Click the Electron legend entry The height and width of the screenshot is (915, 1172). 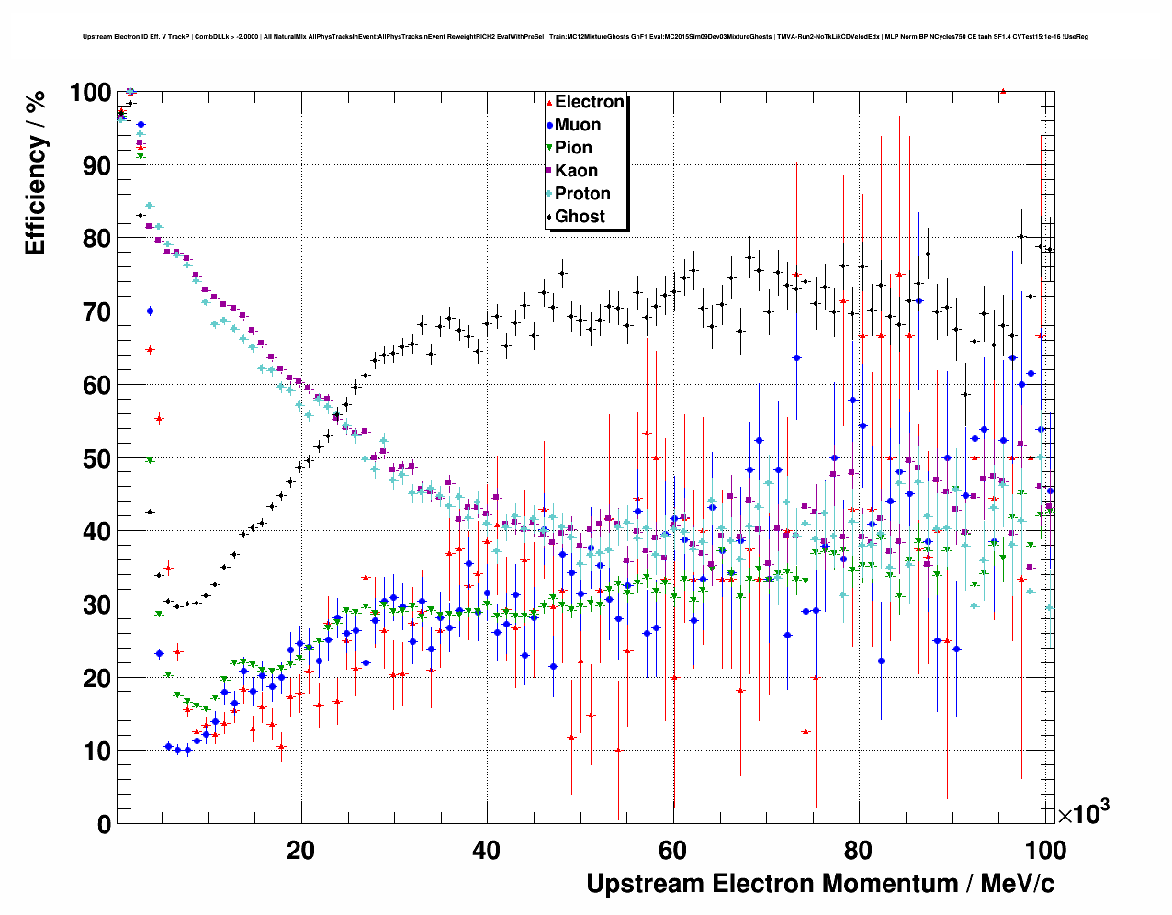(x=589, y=102)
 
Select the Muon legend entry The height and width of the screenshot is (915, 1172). (x=577, y=125)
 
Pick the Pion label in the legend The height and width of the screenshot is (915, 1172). (x=573, y=148)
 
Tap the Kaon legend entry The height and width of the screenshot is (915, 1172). (x=576, y=171)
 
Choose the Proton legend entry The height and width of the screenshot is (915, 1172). (x=582, y=194)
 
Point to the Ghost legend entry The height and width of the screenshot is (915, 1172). (x=580, y=217)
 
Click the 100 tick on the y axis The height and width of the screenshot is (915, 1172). (x=90, y=93)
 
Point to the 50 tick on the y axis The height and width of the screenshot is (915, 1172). (x=96, y=458)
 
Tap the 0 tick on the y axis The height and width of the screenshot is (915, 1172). (x=104, y=824)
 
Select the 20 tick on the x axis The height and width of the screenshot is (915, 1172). (x=300, y=850)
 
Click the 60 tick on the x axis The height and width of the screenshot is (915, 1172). (x=672, y=850)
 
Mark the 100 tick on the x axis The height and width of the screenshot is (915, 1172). (x=1045, y=850)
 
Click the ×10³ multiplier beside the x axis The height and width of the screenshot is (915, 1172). (x=1083, y=813)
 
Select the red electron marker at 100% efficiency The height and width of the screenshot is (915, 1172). (x=1003, y=91)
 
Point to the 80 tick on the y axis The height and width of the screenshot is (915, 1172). (x=96, y=239)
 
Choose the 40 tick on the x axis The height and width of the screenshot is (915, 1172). (x=487, y=850)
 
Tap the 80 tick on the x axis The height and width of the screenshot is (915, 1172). (x=859, y=850)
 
